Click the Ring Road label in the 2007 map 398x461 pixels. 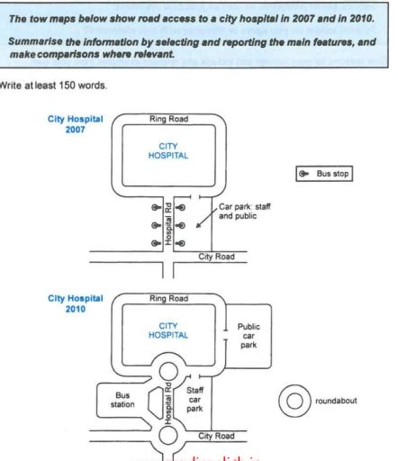[x=168, y=119]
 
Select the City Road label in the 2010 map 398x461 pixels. [x=216, y=435]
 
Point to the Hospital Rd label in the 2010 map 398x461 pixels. [x=168, y=402]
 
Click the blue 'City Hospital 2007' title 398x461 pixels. [x=77, y=123]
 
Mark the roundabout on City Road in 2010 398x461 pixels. [x=168, y=438]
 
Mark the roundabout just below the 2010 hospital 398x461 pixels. [x=168, y=368]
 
